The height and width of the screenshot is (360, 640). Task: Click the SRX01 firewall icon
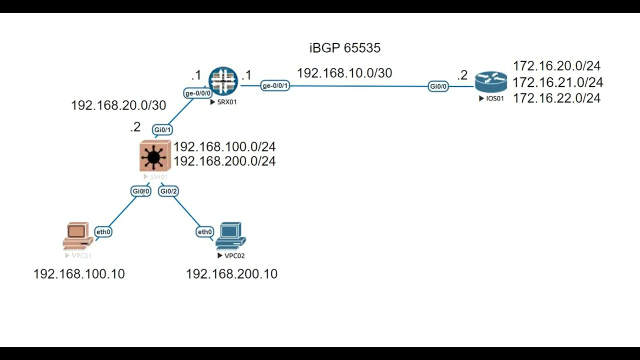click(x=223, y=81)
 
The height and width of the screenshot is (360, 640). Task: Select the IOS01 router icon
click(x=490, y=82)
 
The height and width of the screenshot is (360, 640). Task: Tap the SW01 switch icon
click(x=154, y=156)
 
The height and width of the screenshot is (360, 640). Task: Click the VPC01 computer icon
click(x=77, y=236)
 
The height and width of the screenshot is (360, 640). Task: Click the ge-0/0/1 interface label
click(x=275, y=86)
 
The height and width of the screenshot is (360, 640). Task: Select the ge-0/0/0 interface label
click(x=198, y=93)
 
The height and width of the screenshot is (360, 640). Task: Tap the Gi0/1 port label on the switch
click(x=162, y=130)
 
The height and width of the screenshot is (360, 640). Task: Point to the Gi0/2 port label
click(x=168, y=191)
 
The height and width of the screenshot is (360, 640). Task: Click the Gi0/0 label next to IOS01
click(x=438, y=86)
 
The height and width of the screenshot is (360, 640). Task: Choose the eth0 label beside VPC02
click(x=205, y=231)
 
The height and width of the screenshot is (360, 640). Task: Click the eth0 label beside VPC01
click(x=103, y=231)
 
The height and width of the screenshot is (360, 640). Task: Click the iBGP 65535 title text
click(x=345, y=48)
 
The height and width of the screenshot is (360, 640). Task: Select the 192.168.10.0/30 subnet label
click(x=344, y=73)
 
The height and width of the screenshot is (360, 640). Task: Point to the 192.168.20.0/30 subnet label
click(x=118, y=105)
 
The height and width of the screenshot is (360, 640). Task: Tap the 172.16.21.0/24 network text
click(x=557, y=82)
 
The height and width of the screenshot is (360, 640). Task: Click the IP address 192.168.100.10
click(x=79, y=274)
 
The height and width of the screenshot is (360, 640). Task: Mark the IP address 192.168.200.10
click(x=231, y=274)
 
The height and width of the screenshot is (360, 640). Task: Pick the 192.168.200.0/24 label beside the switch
click(x=224, y=161)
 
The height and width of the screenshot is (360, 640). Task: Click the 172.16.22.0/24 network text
click(x=556, y=98)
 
